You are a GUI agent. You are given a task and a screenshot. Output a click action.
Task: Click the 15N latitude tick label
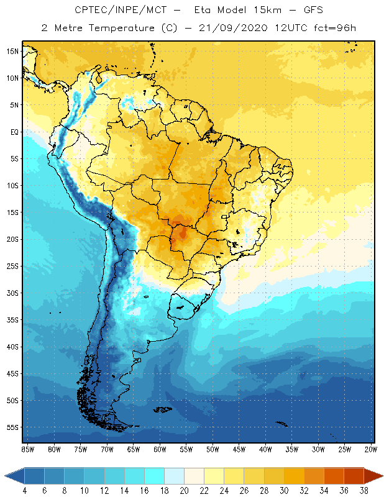[x=12, y=51]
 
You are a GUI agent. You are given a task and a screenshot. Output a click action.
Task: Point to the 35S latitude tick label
[x=12, y=320]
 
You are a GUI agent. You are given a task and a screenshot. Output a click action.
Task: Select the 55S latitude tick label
[x=12, y=427]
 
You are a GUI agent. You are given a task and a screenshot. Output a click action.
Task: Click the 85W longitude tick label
[x=28, y=449]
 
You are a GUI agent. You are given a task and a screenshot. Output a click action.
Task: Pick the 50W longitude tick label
[x=213, y=449]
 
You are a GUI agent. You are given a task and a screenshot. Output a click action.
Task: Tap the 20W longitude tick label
[x=370, y=449]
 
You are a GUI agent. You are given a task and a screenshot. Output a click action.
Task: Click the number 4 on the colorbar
[x=25, y=491]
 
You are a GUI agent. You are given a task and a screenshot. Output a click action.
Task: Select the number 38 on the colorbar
[x=363, y=491]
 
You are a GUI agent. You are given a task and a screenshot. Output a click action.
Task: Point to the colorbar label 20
[x=184, y=491]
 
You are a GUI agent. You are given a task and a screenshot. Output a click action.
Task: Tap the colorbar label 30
[x=283, y=491]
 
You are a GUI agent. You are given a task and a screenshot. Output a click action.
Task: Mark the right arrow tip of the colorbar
[x=382, y=476]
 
